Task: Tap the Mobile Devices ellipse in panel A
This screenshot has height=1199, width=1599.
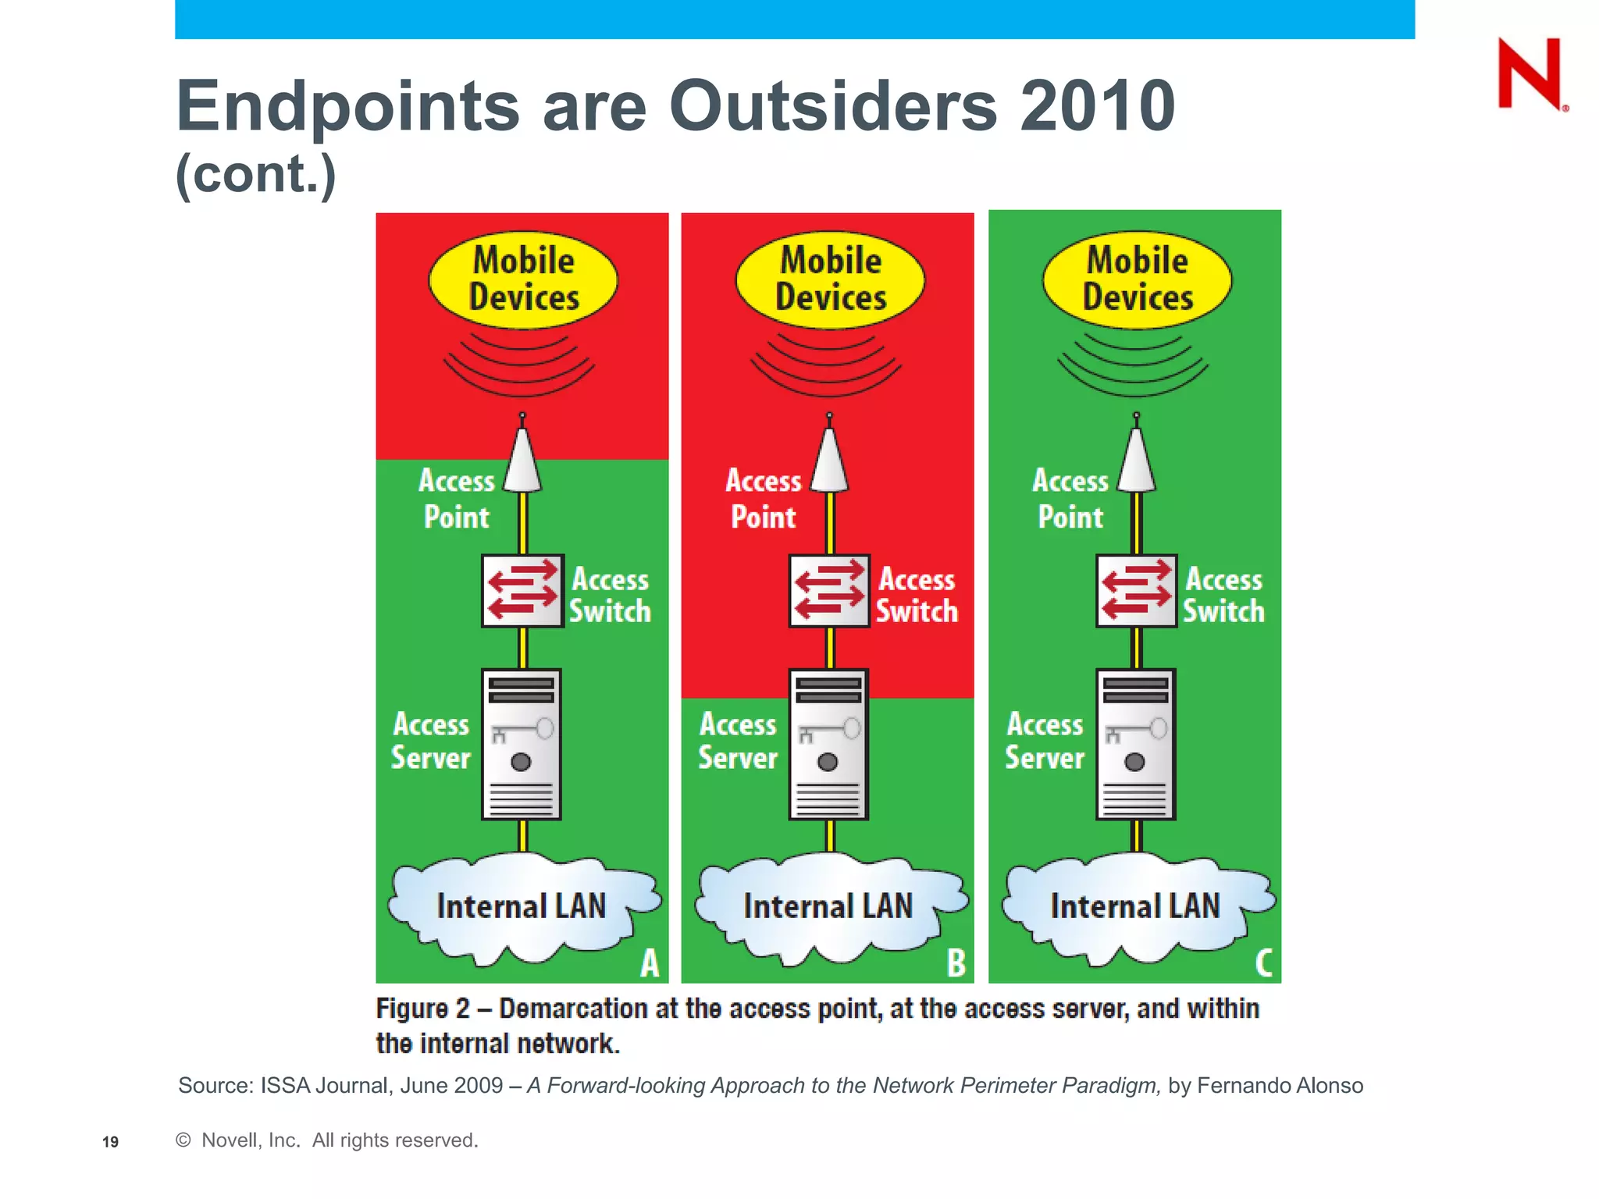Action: pyautogui.click(x=523, y=279)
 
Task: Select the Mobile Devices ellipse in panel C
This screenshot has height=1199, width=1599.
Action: pyautogui.click(x=1137, y=279)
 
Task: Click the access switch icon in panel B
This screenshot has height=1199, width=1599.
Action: pyautogui.click(x=828, y=591)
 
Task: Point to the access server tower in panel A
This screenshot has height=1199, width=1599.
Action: pyautogui.click(x=521, y=744)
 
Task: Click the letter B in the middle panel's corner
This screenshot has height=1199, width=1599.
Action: pyautogui.click(x=956, y=962)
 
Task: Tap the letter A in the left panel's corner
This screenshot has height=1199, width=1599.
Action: pyautogui.click(x=650, y=962)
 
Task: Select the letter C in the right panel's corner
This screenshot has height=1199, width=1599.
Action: pyautogui.click(x=1263, y=962)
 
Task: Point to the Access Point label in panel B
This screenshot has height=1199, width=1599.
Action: pyautogui.click(x=764, y=499)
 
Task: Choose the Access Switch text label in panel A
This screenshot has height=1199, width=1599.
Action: pyautogui.click(x=610, y=595)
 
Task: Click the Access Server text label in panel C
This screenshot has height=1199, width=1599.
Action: pyautogui.click(x=1045, y=741)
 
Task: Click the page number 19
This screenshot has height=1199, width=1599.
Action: pyautogui.click(x=110, y=1142)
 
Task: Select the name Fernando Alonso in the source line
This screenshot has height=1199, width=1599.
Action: pyautogui.click(x=1280, y=1086)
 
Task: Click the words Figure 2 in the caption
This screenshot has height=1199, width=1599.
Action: pyautogui.click(x=422, y=1009)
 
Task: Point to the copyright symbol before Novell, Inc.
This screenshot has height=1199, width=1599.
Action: pyautogui.click(x=183, y=1140)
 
